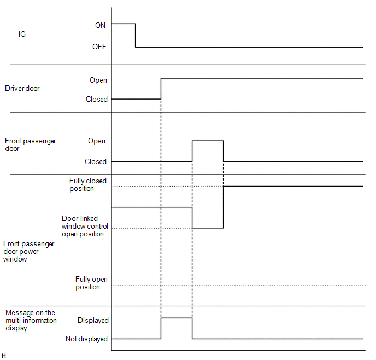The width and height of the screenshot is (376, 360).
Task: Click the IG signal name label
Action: [22, 34]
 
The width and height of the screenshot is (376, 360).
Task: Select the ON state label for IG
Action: [101, 25]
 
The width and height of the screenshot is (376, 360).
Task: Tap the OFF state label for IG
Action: [99, 47]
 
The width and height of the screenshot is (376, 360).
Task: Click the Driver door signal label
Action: [22, 88]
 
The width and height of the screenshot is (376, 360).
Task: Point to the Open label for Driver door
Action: [98, 80]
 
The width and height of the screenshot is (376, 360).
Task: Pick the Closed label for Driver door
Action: [97, 100]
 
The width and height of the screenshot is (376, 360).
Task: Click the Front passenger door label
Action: [31, 144]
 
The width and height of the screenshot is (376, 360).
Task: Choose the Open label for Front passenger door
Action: [97, 141]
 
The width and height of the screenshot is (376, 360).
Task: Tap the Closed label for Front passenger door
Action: [96, 162]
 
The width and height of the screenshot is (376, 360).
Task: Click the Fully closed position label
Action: [88, 185]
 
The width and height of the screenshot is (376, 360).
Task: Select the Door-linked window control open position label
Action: [85, 226]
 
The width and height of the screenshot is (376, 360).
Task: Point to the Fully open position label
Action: [91, 283]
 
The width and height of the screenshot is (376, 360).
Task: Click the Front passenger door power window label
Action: [29, 251]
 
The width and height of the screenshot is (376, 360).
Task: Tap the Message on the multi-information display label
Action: [31, 320]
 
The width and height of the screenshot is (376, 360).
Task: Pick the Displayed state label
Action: [93, 321]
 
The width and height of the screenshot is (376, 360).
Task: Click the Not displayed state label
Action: [86, 339]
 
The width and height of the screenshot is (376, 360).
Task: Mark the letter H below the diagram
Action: [4, 356]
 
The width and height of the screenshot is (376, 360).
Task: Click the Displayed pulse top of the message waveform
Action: [177, 318]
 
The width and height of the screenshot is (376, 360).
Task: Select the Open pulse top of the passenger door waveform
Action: [208, 141]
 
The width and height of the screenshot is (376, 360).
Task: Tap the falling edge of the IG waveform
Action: [136, 36]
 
